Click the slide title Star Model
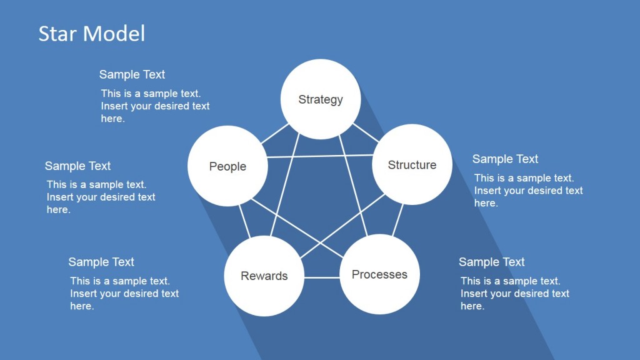coord(91,33)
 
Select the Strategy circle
coord(320,99)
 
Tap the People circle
coord(227,166)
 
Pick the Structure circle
coord(412,165)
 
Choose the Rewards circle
coord(264,276)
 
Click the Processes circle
coord(379,274)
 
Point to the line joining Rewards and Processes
coord(322,277)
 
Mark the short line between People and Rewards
coord(244,221)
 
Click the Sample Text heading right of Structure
coord(505,159)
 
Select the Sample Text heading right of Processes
coord(491,262)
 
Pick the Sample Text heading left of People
coord(77,166)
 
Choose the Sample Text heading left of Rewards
coord(101,262)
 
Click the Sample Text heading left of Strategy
coord(132,74)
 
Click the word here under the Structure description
coord(486,203)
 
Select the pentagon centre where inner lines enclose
coord(321,200)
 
